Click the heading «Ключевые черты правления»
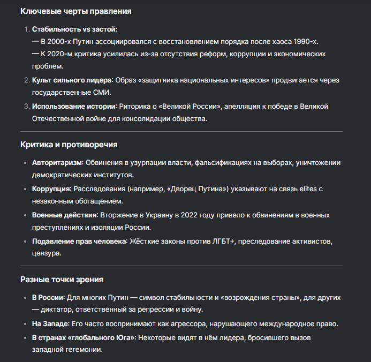pyautogui.click(x=75, y=11)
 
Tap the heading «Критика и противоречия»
pyautogui.click(x=69, y=145)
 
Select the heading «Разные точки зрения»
pyautogui.click(x=62, y=279)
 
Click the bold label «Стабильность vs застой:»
pyautogui.click(x=74, y=29)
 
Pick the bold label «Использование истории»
pyautogui.click(x=74, y=107)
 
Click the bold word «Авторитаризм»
pyautogui.click(x=57, y=162)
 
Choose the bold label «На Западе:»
pyautogui.click(x=50, y=324)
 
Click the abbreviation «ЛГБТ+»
pyautogui.click(x=224, y=241)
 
